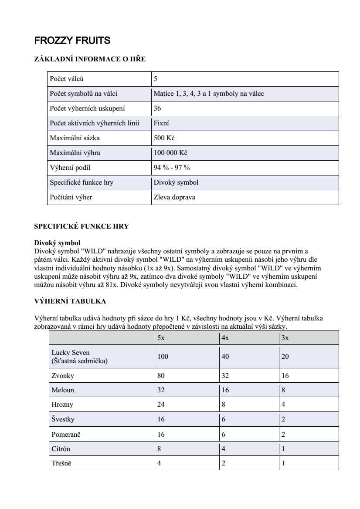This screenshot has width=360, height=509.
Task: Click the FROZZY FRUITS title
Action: pos(72,41)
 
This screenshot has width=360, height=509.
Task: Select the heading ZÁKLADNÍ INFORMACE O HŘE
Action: pos(90,59)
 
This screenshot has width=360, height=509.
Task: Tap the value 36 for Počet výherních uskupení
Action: pos(157,108)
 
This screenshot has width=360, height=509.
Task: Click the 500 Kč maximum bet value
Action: pos(164,138)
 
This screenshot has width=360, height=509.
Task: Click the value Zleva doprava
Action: pos(174,197)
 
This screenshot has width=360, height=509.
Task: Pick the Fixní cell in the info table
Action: pos(161,123)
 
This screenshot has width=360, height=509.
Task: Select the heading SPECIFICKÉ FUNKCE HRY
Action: pos(82,226)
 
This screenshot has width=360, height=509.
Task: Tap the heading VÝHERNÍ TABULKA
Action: pos(70,301)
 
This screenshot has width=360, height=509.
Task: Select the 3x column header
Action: pos(285,337)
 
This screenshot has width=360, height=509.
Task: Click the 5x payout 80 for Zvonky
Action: pos(161,375)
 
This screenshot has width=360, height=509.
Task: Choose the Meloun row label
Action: pos(63,390)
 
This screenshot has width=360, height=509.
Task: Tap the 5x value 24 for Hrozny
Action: pos(161,405)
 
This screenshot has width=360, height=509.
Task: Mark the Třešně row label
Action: pos(61,463)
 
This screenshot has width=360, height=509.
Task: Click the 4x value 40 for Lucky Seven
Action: pos(225,357)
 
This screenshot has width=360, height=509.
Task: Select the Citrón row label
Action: pos(61,448)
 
